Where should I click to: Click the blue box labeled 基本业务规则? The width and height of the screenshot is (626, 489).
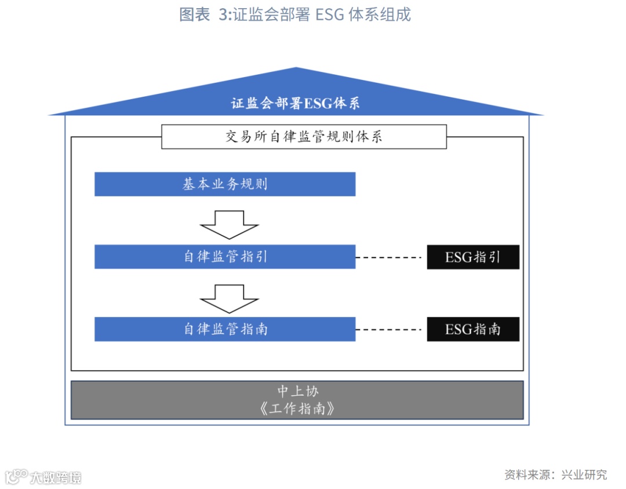pos(225,184)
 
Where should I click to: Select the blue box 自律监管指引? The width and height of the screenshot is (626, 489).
pos(225,257)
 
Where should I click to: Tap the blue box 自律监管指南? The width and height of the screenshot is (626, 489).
pos(225,329)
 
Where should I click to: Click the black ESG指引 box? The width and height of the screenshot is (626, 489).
pos(473,257)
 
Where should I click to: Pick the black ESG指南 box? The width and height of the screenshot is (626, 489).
pos(473,330)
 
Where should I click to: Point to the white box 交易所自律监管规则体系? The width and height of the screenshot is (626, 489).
pos(304,137)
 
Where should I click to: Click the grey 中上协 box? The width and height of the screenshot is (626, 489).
pos(297,400)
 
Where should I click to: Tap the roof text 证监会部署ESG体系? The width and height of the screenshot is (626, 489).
pos(296,104)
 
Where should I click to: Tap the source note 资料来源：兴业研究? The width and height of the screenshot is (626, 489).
pos(555,475)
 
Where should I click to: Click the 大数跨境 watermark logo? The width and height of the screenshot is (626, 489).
pos(43,477)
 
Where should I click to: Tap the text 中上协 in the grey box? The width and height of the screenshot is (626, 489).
pos(297,391)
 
